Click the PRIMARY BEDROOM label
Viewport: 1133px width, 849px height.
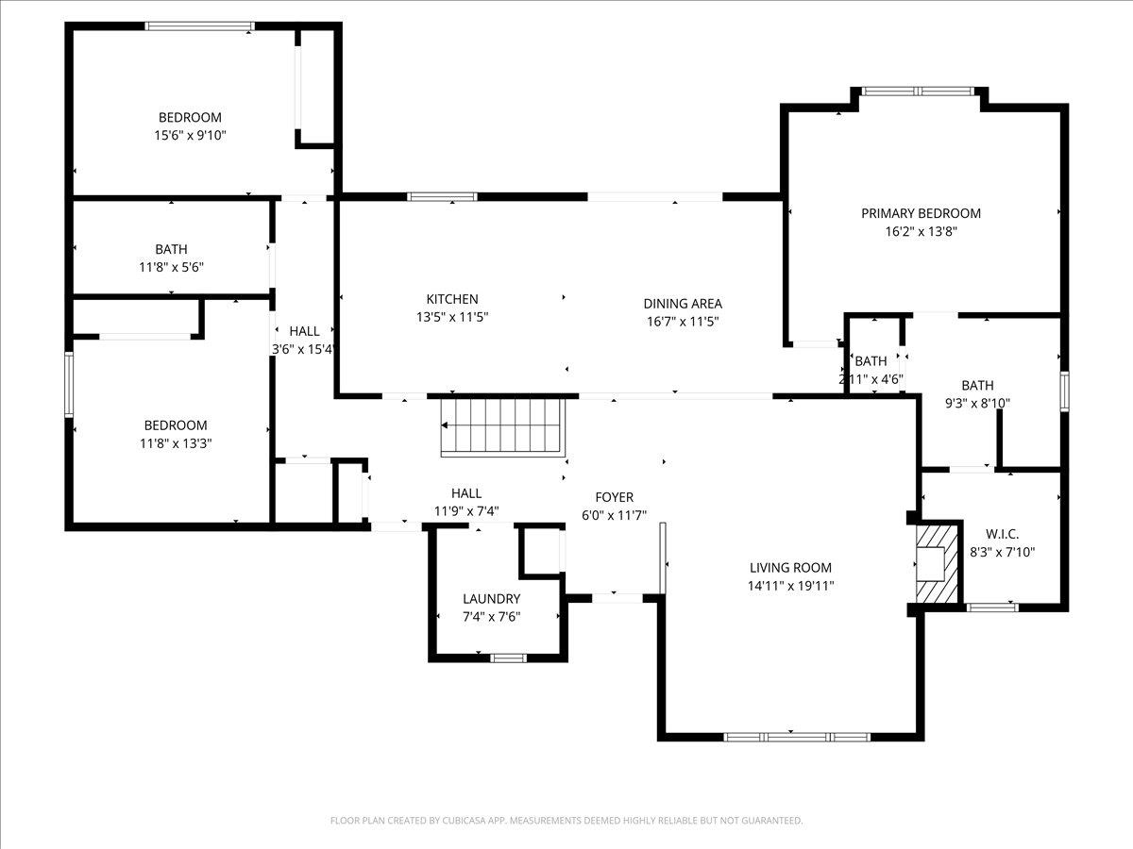coord(921,213)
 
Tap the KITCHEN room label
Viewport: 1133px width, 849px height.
coord(451,299)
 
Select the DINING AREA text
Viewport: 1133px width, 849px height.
coord(683,303)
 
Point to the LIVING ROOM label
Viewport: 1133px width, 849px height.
coord(790,567)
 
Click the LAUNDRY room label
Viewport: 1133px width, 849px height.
coord(491,598)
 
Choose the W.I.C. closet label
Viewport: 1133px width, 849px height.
coord(1002,534)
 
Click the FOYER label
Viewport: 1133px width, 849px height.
coord(614,497)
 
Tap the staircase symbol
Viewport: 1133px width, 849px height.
coord(502,426)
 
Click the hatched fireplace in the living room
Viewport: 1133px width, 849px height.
coord(937,563)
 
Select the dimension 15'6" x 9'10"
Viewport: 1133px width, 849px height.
coord(190,135)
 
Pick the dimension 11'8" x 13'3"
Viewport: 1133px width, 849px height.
coord(175,442)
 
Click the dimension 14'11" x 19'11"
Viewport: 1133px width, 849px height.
coord(790,585)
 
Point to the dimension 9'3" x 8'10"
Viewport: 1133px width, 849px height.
coord(977,403)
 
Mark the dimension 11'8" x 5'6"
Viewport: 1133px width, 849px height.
coord(171,267)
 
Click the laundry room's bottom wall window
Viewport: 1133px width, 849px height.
coord(508,658)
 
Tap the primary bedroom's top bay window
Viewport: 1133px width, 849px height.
coord(917,92)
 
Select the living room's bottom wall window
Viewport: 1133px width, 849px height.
coord(796,736)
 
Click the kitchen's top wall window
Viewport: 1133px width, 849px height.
coord(442,196)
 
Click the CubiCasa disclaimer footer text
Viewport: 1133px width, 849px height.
coord(566,821)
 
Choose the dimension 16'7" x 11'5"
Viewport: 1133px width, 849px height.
coord(683,321)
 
